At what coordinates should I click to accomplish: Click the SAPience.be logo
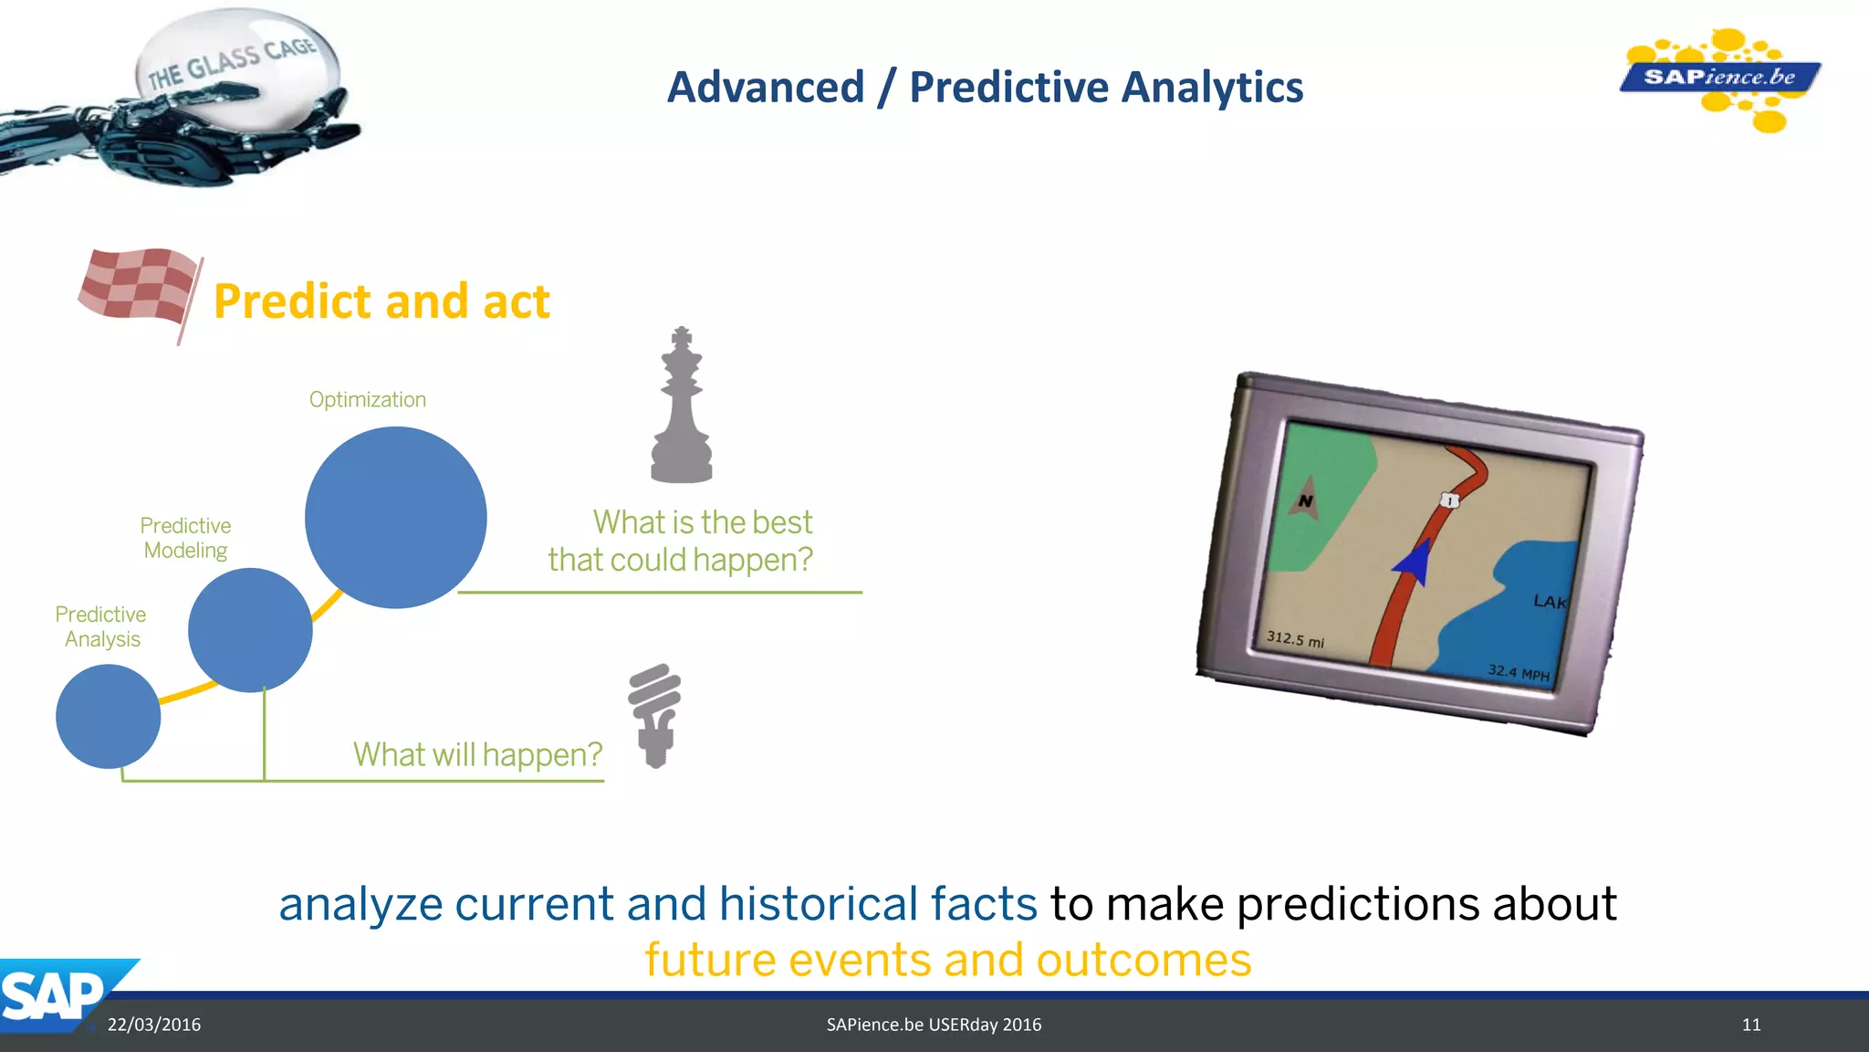pyautogui.click(x=1719, y=78)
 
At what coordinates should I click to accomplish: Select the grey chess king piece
pyautogui.click(x=681, y=407)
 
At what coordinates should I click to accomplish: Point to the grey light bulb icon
pyautogui.click(x=654, y=714)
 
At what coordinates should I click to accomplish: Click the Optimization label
pyautogui.click(x=368, y=400)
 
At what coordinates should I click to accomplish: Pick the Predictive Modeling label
pyautogui.click(x=185, y=538)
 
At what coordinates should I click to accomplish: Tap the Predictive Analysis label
pyautogui.click(x=100, y=626)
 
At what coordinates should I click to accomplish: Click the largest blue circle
pyautogui.click(x=395, y=518)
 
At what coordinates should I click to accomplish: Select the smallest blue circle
pyautogui.click(x=109, y=716)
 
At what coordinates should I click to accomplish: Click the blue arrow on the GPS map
pyautogui.click(x=1415, y=561)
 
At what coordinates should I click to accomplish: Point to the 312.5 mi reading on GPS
pyautogui.click(x=1295, y=639)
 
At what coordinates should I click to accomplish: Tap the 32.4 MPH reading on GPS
pyautogui.click(x=1518, y=673)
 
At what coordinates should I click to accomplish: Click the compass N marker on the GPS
pyautogui.click(x=1306, y=500)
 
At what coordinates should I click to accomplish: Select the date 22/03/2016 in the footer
pyautogui.click(x=154, y=1025)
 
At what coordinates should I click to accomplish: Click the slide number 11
pyautogui.click(x=1750, y=1025)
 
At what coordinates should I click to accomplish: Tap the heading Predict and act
pyautogui.click(x=381, y=301)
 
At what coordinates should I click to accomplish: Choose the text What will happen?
pyautogui.click(x=477, y=754)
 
